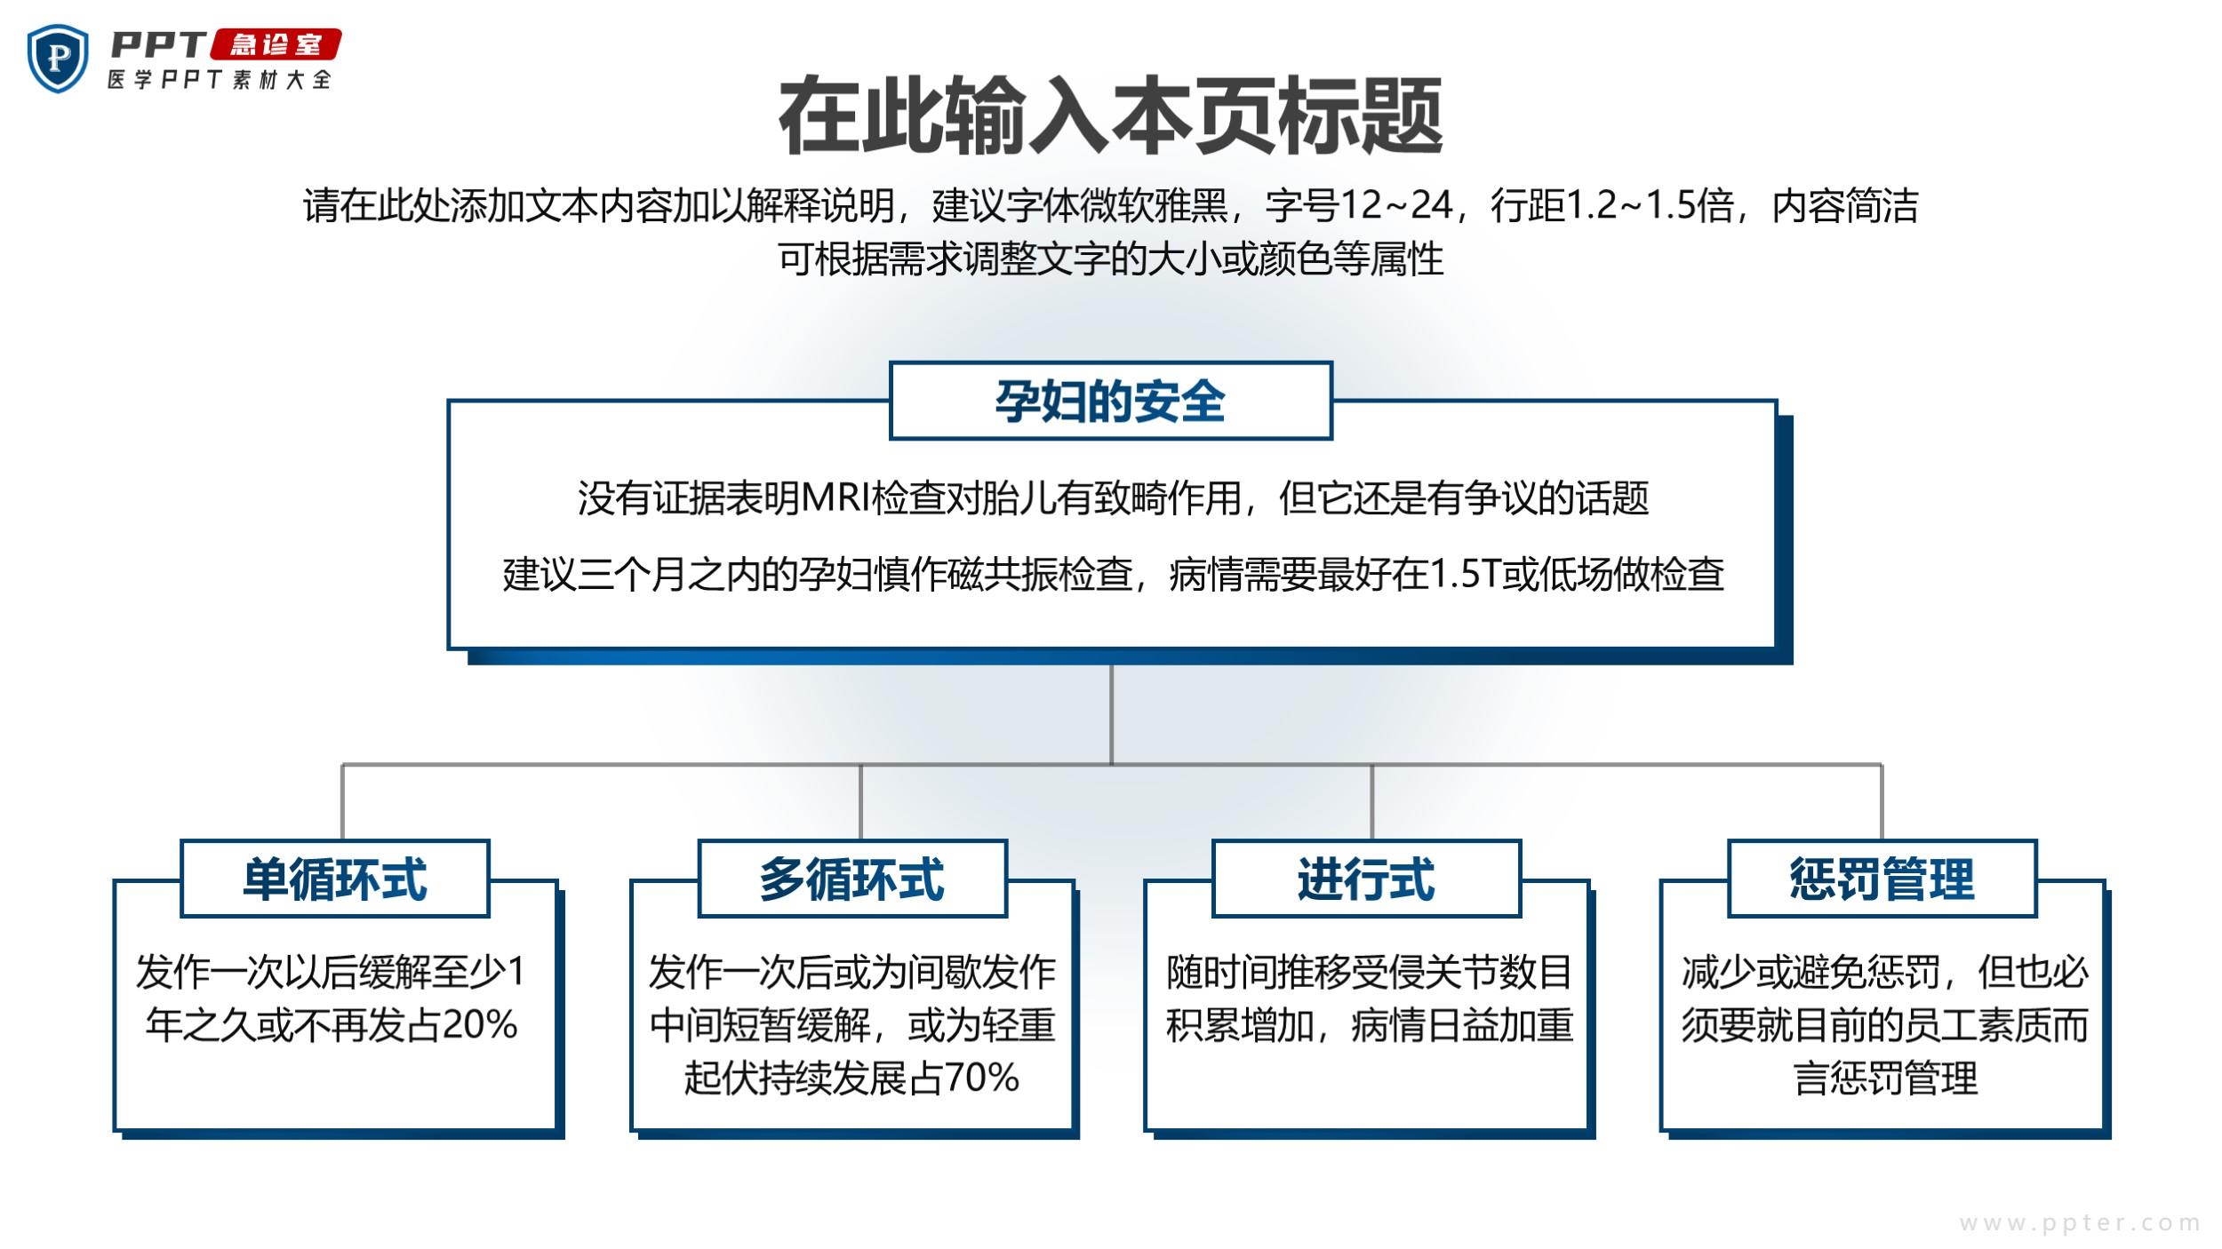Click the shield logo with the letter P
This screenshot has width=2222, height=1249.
[59, 58]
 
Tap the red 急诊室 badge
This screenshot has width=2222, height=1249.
[275, 45]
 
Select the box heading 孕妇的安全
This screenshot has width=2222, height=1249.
[1110, 401]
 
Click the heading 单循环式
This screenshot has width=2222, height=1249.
[335, 879]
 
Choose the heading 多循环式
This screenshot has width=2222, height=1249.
[851, 879]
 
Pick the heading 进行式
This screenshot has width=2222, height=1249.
[1366, 879]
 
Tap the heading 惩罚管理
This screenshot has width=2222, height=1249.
[1882, 879]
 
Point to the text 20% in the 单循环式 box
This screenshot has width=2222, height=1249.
[479, 1025]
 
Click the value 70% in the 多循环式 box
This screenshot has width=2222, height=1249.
[981, 1078]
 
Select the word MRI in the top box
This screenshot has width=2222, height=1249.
[835, 497]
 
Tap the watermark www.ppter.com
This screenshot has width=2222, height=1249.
[2079, 1223]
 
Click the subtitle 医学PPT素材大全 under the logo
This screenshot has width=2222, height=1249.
[220, 79]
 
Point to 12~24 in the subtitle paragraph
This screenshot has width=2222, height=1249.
[1395, 205]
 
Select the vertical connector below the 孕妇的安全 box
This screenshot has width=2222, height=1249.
[1111, 714]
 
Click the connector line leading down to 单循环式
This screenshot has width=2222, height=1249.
[343, 802]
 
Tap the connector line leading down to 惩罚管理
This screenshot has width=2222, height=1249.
[1882, 802]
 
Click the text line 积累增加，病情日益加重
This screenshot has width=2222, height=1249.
[1370, 1025]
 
